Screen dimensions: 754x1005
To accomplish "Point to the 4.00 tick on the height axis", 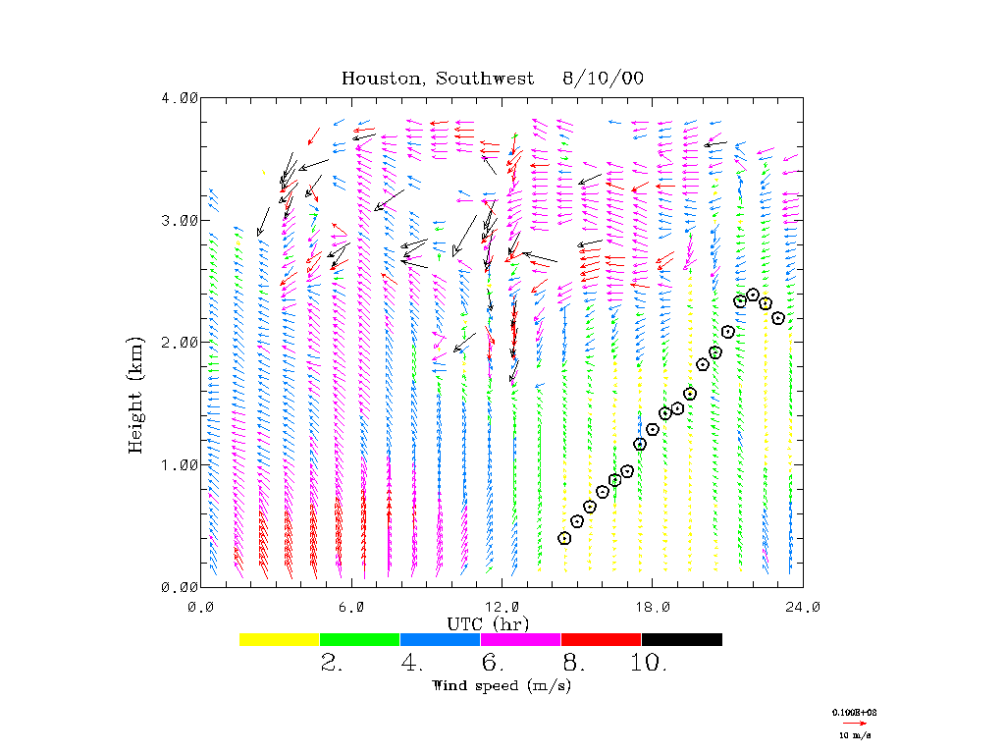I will click(x=180, y=97).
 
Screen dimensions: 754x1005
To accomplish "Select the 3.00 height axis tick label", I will click(x=180, y=220).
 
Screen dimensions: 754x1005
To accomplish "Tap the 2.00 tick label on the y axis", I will click(x=180, y=342).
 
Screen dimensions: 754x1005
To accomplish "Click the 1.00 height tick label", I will click(x=180, y=464).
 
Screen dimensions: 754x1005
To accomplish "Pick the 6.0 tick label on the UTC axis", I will click(x=351, y=607).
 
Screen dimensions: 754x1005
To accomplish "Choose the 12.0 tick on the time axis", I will click(x=502, y=607).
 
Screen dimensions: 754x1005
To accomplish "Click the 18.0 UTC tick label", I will click(x=652, y=607).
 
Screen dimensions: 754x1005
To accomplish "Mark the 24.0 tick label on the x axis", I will click(x=802, y=607).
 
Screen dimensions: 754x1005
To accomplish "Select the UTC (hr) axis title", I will click(x=490, y=623).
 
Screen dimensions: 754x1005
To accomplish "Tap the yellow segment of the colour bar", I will click(x=280, y=639).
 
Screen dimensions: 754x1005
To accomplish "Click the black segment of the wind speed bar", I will click(x=681, y=639).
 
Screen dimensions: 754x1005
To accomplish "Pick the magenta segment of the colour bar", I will click(x=520, y=639).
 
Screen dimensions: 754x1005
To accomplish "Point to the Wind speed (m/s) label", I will click(x=502, y=685).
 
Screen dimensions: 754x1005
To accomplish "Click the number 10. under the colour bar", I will click(x=649, y=664).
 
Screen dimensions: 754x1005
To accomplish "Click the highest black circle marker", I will click(x=753, y=295).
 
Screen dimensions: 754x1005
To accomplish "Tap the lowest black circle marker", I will click(x=564, y=538).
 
